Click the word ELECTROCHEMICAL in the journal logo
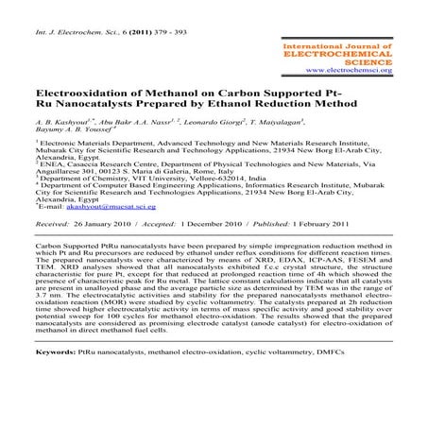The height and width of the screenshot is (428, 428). pos(364,49)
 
